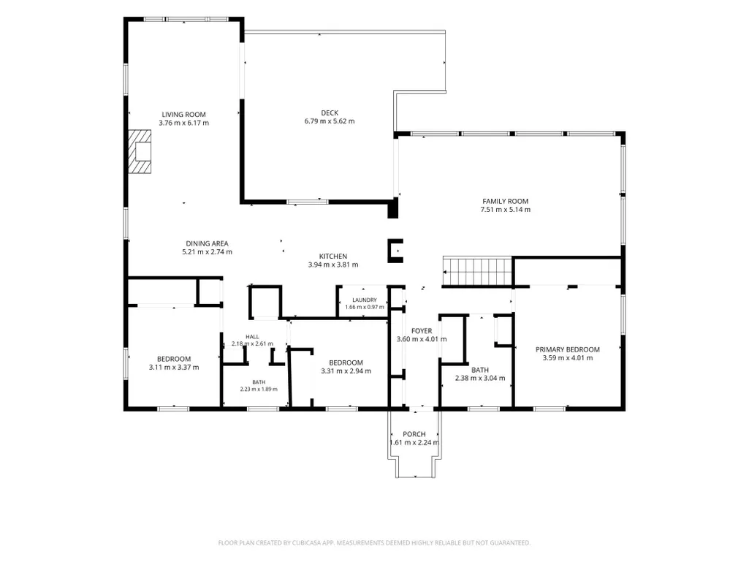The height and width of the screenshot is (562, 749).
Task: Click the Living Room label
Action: click(183, 115)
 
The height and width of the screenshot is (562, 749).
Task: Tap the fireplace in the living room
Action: click(140, 151)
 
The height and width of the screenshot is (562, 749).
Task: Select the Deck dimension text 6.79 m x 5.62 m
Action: click(330, 121)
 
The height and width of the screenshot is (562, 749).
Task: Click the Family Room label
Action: click(506, 201)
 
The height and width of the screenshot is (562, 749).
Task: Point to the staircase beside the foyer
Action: click(478, 272)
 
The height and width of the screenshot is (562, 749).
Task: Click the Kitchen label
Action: click(333, 256)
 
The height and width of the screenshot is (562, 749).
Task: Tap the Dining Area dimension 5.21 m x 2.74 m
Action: click(208, 252)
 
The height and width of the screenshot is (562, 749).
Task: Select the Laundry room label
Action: click(365, 300)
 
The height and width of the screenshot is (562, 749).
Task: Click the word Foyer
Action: click(422, 331)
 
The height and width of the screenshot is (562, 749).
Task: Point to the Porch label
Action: click(414, 434)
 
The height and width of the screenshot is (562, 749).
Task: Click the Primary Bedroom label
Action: click(568, 349)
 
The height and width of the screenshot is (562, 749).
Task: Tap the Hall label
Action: click(252, 337)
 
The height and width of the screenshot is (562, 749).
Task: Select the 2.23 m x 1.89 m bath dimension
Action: click(259, 389)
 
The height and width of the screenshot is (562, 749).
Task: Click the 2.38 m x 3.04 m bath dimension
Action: click(480, 378)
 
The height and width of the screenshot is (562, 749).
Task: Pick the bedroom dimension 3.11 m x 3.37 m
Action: click(174, 368)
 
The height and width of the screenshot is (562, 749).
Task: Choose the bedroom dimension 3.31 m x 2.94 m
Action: click(346, 371)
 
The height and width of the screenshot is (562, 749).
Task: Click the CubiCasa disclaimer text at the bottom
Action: click(374, 543)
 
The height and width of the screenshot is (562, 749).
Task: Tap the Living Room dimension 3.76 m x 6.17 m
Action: click(184, 123)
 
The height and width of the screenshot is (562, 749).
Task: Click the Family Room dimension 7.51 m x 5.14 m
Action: click(506, 209)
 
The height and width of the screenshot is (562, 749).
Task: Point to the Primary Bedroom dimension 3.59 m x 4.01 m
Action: click(568, 357)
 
